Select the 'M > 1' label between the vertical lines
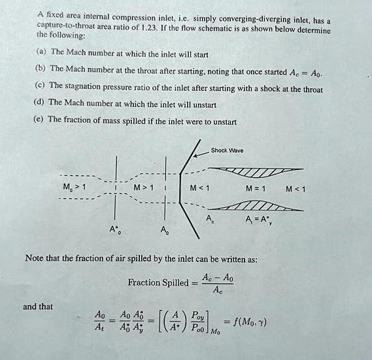142,190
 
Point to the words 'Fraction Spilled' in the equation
158,284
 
